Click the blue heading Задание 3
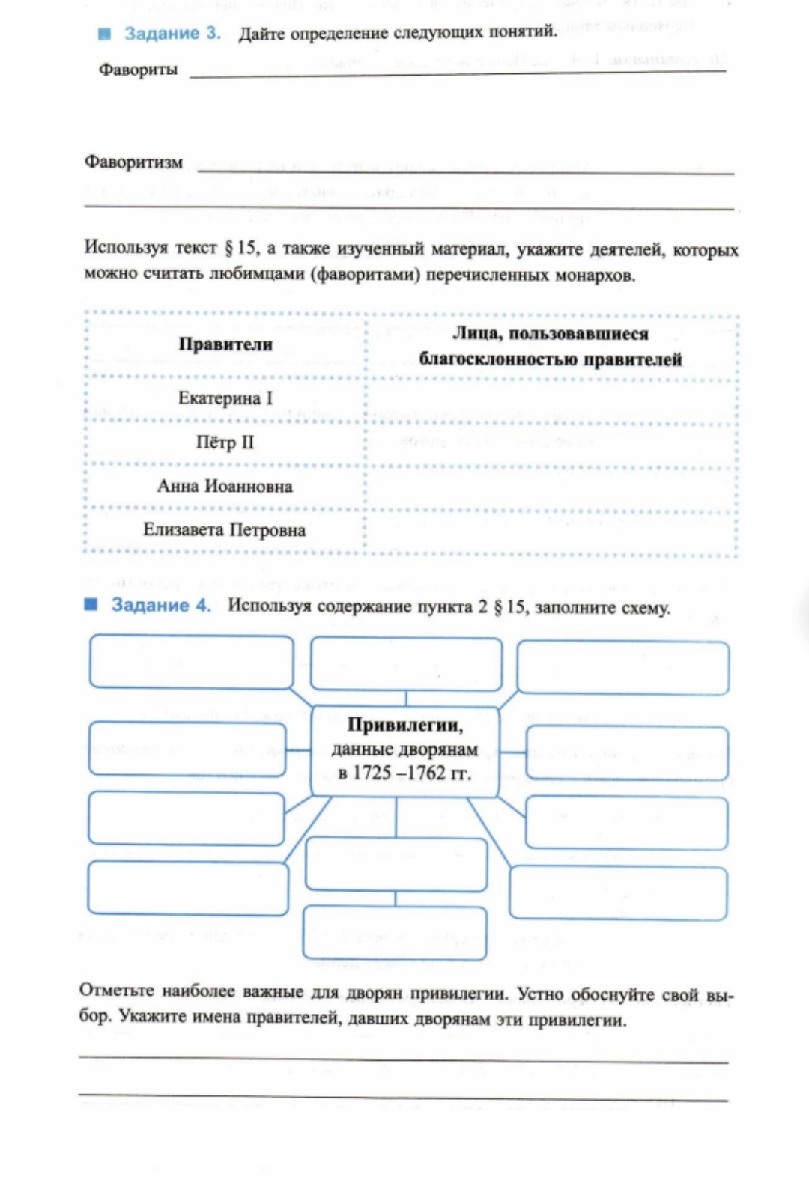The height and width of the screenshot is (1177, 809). [172, 34]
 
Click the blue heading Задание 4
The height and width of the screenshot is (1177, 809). [161, 605]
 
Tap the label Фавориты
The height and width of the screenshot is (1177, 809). [138, 70]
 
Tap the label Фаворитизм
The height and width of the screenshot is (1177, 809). [133, 162]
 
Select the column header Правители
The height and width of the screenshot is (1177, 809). [225, 344]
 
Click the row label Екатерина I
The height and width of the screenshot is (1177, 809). [225, 398]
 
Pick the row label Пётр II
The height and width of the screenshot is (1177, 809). [225, 442]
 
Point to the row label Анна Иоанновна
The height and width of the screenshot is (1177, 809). [225, 486]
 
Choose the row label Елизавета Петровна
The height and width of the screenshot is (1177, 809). [225, 530]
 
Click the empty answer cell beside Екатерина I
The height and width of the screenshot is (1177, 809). [551, 401]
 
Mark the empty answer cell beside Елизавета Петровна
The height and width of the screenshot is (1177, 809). [551, 533]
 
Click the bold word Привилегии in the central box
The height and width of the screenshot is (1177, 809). [404, 725]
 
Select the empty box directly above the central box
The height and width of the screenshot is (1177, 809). [406, 663]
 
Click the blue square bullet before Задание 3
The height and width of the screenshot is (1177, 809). [105, 34]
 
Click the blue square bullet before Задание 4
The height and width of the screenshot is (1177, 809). [91, 604]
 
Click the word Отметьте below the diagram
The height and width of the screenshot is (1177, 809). [117, 991]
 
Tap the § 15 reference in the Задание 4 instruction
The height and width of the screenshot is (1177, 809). [509, 606]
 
